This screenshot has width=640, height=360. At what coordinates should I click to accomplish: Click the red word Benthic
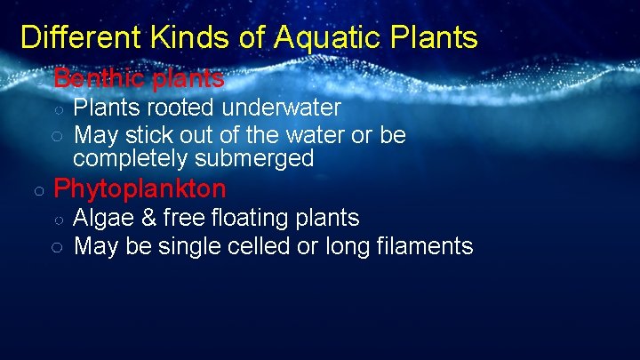click(x=99, y=78)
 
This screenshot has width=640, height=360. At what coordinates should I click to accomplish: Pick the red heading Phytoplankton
click(x=140, y=188)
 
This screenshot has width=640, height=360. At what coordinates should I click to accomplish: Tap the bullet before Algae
click(x=56, y=219)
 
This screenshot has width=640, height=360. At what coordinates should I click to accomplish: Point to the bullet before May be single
click(x=56, y=246)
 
